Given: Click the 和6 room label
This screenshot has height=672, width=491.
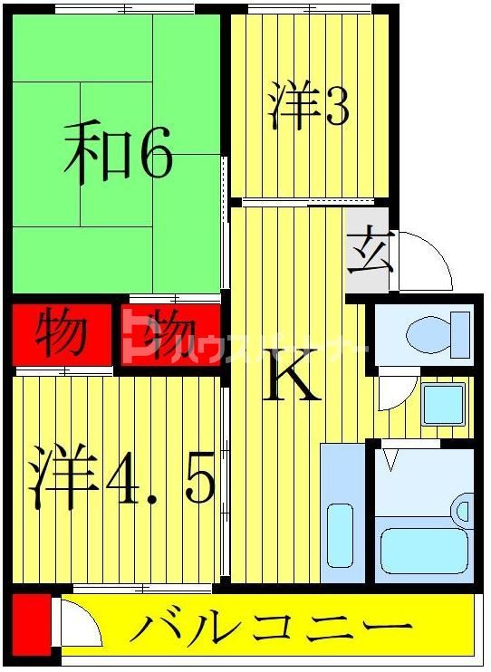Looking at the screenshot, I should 118,156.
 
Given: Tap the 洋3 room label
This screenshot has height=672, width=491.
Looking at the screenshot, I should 307,106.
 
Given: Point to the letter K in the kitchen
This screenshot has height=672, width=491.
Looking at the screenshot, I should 293,381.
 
